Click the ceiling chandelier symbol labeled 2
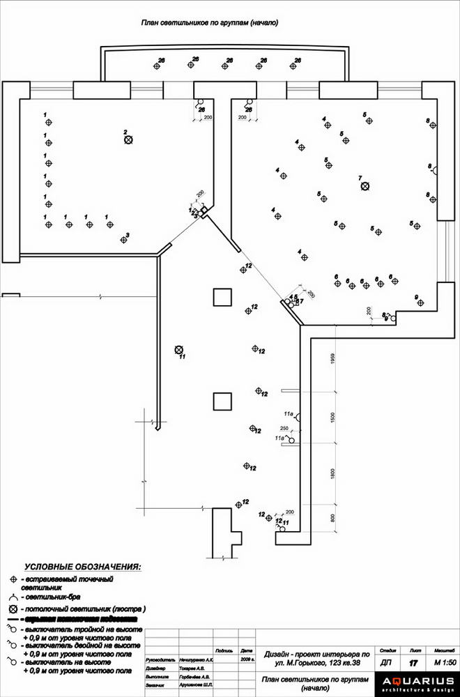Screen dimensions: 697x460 (128, 140)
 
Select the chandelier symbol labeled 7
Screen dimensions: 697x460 (365, 186)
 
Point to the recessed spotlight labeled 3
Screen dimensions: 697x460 (123, 240)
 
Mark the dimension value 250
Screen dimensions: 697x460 (284, 428)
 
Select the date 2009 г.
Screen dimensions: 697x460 (247, 659)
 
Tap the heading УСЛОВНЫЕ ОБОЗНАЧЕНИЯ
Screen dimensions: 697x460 (82, 567)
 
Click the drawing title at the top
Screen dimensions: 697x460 (210, 23)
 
